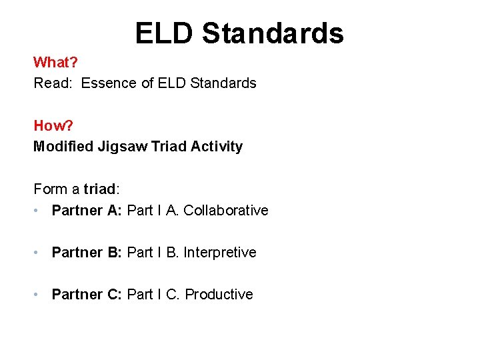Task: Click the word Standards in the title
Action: click(273, 33)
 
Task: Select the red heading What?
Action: click(56, 63)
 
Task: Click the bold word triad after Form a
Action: click(101, 189)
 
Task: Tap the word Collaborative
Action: click(225, 211)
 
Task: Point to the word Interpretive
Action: click(219, 253)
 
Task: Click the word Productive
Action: click(219, 295)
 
